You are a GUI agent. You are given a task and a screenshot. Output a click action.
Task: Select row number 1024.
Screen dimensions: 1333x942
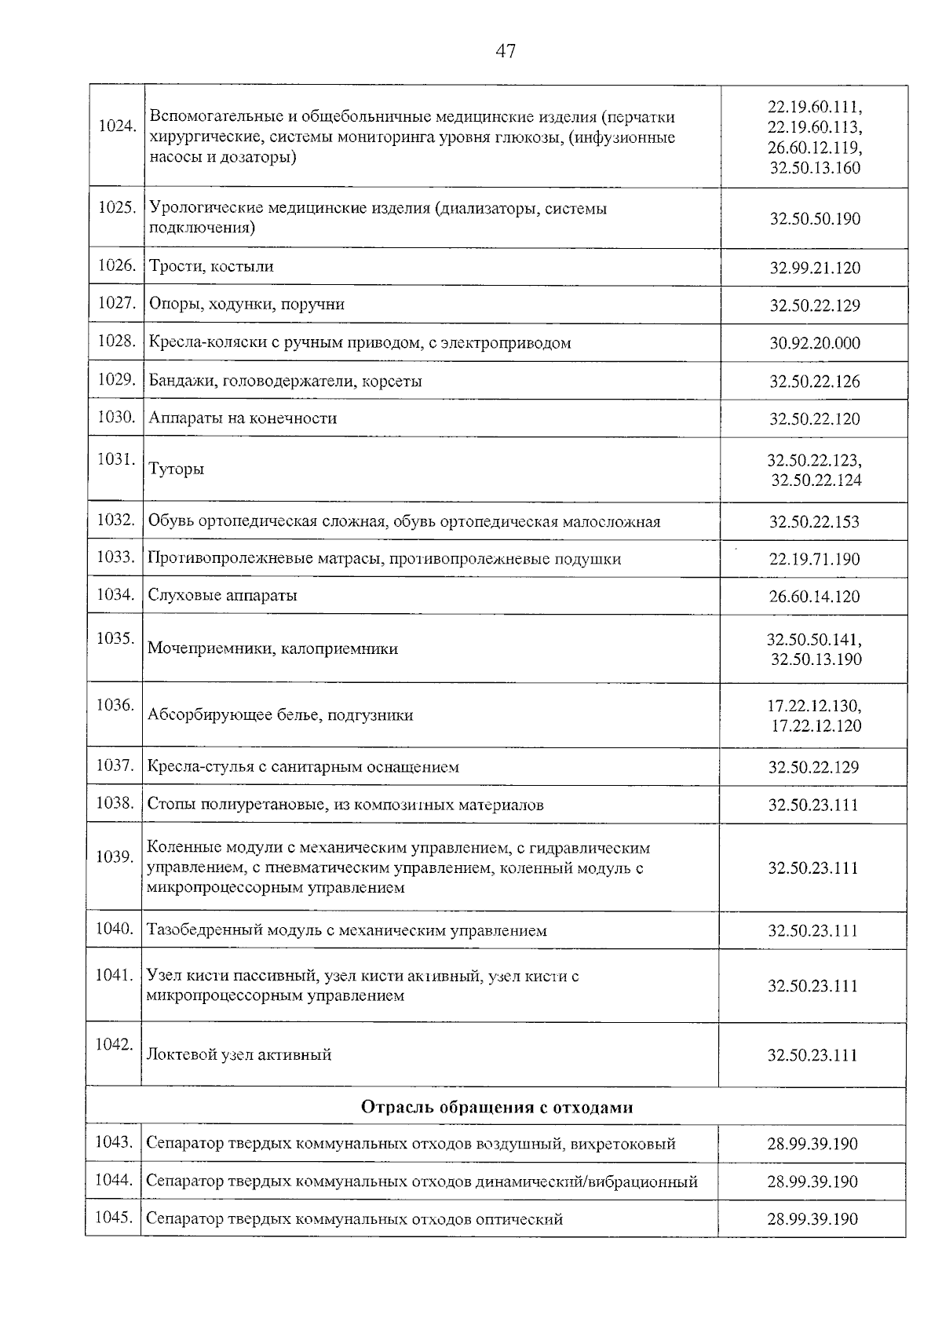coord(117,126)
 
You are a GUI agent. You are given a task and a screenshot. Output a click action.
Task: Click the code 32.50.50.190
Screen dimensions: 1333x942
coord(815,219)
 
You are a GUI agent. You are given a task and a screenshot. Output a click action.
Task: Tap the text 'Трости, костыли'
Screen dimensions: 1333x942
coord(211,267)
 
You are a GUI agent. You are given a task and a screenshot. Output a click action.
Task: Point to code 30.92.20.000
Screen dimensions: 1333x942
coord(815,344)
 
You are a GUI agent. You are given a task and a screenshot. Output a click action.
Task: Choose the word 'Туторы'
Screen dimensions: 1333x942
coord(177,469)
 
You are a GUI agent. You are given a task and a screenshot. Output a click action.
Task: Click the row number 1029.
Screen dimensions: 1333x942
coord(117,380)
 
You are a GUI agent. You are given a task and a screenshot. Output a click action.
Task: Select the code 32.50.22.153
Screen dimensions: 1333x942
coord(814,522)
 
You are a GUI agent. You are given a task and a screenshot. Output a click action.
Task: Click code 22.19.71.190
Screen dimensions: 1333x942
coord(814,560)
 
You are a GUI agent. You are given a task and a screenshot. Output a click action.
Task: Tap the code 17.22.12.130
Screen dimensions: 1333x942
coord(814,706)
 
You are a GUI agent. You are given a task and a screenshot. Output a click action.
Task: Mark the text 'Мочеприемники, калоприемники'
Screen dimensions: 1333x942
coord(272,649)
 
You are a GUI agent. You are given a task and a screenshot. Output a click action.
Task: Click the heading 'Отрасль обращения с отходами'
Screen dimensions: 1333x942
coord(497,1108)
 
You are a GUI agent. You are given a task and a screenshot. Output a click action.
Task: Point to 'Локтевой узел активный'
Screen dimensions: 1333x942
coord(239,1055)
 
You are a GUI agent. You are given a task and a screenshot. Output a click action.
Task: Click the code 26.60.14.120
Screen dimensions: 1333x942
coord(814,597)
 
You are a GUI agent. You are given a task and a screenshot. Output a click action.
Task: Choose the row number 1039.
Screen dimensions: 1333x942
coord(115,856)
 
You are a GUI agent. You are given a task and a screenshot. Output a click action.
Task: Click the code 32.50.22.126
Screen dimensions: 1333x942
coord(814,382)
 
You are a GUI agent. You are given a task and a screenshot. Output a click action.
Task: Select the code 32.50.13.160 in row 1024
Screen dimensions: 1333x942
coord(815,168)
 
